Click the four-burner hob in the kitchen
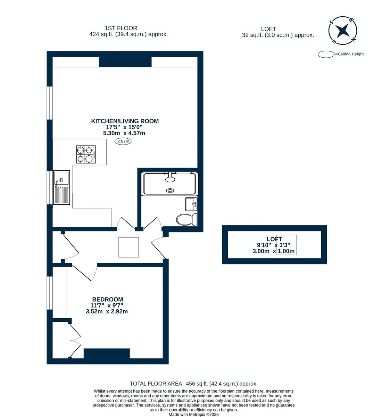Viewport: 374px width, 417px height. coord(86,155)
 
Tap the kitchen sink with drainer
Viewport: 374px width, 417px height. coord(61,188)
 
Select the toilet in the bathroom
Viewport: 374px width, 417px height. coord(186,220)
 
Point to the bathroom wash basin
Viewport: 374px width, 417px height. coord(191,204)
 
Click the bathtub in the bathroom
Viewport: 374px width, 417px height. coord(169,184)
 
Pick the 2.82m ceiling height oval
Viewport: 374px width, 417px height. coord(123,141)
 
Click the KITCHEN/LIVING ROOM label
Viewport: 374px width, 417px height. coord(125,121)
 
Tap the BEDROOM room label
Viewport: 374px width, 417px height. coord(108,299)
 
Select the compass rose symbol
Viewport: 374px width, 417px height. coord(343,31)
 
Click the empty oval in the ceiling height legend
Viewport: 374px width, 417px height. coord(326,54)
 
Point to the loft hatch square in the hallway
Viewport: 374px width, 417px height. coord(128,247)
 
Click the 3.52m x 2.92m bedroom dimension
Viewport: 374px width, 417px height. coord(107,311)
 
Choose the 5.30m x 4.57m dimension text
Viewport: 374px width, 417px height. coord(124,133)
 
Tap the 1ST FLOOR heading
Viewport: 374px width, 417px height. coord(121,28)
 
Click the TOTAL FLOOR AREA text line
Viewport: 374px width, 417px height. coord(193,384)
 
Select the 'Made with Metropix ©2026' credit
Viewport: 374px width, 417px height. coord(193,415)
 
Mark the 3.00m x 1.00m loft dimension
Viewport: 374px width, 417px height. coord(273,251)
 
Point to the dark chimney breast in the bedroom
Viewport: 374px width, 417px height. coord(107,353)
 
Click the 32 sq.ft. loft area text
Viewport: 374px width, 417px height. coord(278,35)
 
